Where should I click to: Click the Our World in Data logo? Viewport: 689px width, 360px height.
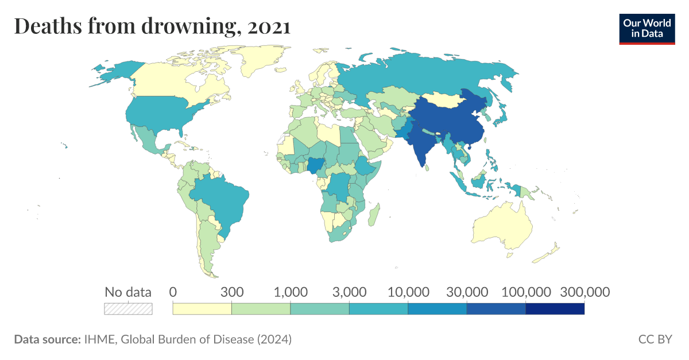pos(647,28)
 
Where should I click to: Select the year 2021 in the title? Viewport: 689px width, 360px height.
pos(269,26)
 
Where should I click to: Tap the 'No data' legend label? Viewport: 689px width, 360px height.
pos(128,292)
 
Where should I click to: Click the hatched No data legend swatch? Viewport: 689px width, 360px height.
pos(128,309)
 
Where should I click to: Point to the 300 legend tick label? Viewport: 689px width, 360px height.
pos(232,292)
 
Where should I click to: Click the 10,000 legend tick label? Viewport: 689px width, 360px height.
pos(408,292)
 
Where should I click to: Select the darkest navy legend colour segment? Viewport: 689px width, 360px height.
pos(555,309)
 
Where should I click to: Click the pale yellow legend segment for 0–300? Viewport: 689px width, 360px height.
pos(202,309)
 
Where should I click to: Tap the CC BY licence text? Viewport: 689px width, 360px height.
pos(655,339)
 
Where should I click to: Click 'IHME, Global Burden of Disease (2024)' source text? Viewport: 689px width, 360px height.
pos(187,339)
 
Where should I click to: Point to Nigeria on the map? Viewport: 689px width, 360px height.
pos(315,166)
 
